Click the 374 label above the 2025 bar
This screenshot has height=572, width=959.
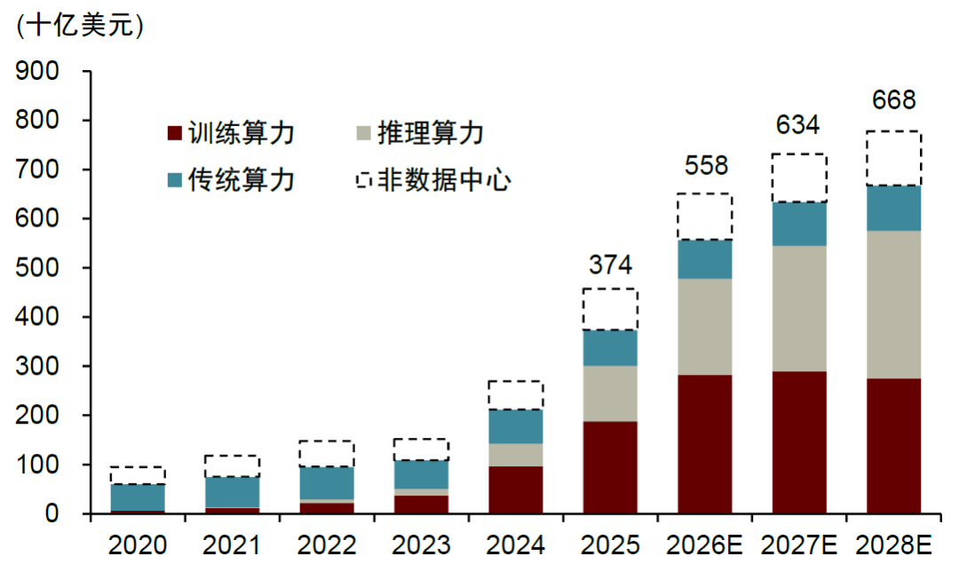(610, 265)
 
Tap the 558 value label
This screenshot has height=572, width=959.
(706, 165)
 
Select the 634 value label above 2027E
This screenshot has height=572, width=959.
(797, 125)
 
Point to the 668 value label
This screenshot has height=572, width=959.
(893, 99)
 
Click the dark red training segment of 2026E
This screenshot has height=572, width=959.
(704, 443)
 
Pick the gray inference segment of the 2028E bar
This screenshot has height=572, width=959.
(893, 305)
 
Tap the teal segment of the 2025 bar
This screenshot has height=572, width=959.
(610, 348)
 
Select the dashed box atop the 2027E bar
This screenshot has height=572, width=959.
(799, 178)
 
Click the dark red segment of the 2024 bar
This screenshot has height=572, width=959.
(516, 489)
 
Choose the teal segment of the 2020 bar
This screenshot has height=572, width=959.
(138, 497)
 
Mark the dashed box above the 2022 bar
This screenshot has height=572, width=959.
(327, 453)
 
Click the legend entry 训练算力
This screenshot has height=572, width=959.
(232, 132)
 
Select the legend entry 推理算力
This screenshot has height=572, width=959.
(421, 132)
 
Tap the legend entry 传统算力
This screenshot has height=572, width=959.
(232, 179)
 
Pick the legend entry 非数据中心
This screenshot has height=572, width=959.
(434, 179)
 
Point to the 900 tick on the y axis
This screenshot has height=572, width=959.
(37, 71)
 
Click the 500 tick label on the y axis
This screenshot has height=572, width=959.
(37, 267)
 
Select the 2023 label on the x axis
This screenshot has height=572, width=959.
(421, 545)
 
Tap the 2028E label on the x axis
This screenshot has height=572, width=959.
(893, 545)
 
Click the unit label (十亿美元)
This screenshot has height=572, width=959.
(80, 26)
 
